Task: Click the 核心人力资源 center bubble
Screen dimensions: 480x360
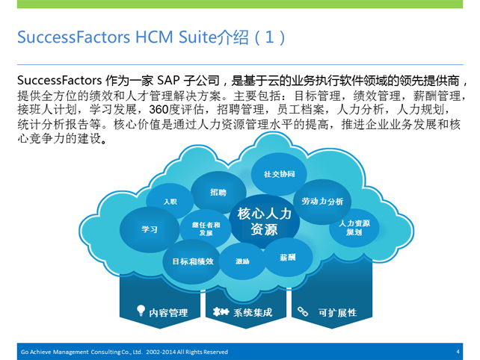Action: [264, 222]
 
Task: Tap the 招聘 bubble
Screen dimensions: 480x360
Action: [218, 192]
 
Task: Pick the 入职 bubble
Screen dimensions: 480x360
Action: [170, 201]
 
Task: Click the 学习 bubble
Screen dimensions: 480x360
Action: [150, 229]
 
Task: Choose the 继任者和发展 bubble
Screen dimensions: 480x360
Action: [206, 229]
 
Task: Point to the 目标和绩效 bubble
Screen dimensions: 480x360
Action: [192, 261]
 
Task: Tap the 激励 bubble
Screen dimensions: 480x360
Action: [242, 261]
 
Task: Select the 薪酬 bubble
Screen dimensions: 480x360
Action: [288, 257]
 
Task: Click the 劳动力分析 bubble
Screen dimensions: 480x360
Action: [322, 202]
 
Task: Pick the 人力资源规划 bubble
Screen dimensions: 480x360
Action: [354, 228]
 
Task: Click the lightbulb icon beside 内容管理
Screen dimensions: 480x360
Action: [141, 311]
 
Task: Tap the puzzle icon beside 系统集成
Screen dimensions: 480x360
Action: [221, 311]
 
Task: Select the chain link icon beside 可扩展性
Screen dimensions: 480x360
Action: [303, 311]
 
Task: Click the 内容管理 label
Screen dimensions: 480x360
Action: [168, 313]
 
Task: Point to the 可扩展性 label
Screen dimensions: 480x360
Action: [337, 313]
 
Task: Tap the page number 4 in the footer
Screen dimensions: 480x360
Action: [458, 352]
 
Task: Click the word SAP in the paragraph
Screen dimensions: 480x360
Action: [168, 81]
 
